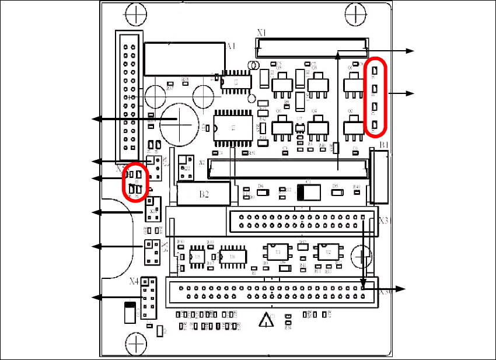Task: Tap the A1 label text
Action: pos(231,46)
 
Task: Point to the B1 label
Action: pos(384,144)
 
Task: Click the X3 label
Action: pos(383,221)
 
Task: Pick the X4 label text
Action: pos(134,281)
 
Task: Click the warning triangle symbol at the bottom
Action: pos(266,320)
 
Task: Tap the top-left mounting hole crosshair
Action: pos(136,12)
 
